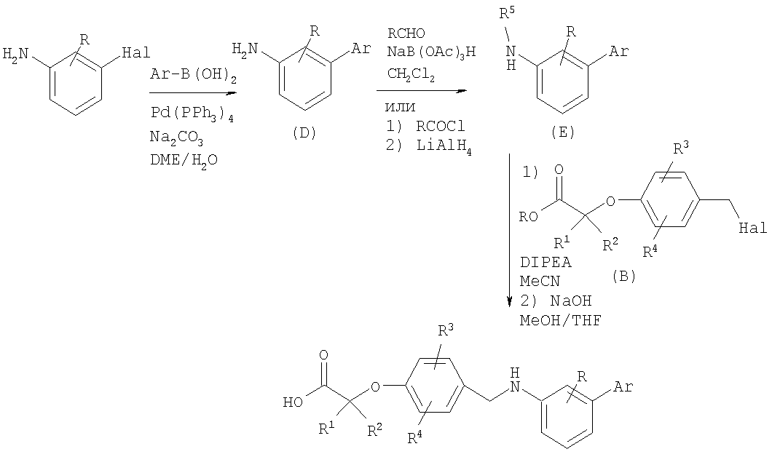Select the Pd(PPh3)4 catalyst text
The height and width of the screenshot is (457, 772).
tap(192, 114)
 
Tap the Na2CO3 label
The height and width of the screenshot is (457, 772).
tap(176, 138)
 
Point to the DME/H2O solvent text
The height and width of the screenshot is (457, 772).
tap(184, 160)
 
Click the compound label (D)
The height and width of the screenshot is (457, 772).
tap(304, 133)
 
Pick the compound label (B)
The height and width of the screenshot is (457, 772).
tap(624, 277)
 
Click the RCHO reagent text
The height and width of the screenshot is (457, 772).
tap(406, 33)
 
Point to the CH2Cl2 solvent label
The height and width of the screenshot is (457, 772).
tap(411, 75)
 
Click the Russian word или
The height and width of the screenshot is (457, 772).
tap(400, 107)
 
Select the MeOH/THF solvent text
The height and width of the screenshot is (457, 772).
tap(561, 320)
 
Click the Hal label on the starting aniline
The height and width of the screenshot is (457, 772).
tap(136, 52)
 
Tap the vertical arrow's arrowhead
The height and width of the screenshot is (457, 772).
tap(510, 301)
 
